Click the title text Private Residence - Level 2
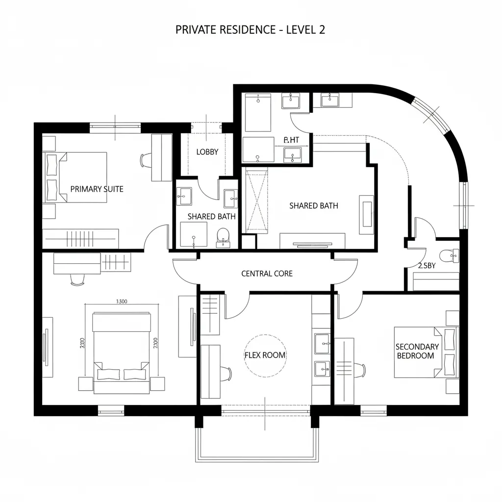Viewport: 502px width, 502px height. click(x=250, y=30)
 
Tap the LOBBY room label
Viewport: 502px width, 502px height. click(x=207, y=152)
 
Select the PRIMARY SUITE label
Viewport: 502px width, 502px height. click(x=97, y=189)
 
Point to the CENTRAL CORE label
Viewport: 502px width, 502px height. click(x=267, y=274)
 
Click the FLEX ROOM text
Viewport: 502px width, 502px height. click(x=265, y=355)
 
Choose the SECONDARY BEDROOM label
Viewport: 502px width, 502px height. click(x=417, y=351)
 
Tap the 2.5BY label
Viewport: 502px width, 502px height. click(x=427, y=266)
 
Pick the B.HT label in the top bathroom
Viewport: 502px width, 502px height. click(x=291, y=140)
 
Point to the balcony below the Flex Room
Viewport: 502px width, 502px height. click(x=257, y=439)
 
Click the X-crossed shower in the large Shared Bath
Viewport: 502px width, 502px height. click(x=257, y=201)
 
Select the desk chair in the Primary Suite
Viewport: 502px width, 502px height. click(x=145, y=160)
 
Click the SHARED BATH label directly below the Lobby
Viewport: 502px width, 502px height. click(x=211, y=216)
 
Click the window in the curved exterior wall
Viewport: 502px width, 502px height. click(x=430, y=116)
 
